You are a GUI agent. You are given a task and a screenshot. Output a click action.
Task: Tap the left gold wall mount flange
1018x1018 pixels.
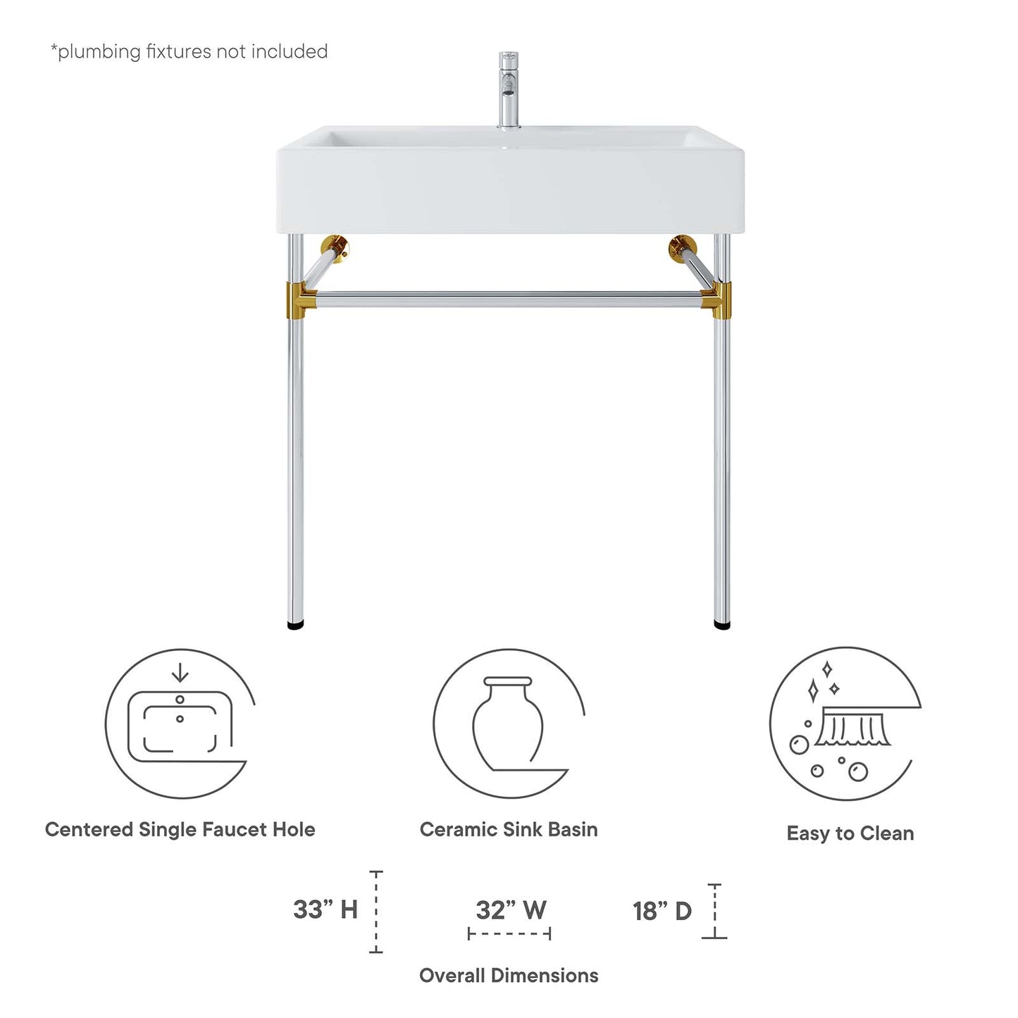coord(335,248)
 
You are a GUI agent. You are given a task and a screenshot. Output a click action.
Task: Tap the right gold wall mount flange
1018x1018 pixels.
coord(682,248)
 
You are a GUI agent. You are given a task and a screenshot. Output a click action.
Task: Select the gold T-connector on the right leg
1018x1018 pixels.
coord(719,298)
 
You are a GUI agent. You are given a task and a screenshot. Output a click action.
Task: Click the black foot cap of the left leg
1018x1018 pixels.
coord(297,624)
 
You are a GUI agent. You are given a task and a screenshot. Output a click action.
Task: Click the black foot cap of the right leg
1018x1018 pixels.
coord(722,624)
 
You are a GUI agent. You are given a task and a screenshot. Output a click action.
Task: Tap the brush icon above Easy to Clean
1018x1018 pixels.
coord(852,730)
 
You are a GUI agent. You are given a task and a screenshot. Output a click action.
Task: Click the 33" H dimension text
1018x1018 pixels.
coord(325,910)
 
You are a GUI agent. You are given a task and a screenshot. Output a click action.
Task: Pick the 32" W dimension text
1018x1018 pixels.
coord(511,910)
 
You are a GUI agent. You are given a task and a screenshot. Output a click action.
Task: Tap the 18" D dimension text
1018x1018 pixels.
coord(662,911)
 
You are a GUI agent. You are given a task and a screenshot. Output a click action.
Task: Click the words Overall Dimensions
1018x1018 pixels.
coord(509,976)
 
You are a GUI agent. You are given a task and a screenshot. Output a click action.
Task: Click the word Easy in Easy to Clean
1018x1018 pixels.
coord(808,834)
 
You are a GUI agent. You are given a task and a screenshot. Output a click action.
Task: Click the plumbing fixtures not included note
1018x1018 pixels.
coord(189,51)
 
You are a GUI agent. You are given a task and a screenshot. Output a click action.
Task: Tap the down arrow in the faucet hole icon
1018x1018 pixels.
coord(180,674)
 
